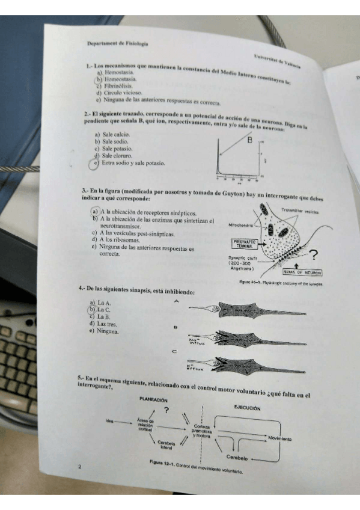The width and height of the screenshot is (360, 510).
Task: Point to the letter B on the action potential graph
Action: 249,141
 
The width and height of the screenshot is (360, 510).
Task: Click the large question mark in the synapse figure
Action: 314,255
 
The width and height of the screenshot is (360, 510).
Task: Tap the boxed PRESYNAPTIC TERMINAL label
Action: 244,244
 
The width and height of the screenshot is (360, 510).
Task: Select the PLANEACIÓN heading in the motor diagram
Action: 153,399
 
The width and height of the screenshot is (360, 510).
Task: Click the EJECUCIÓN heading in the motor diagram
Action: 246,407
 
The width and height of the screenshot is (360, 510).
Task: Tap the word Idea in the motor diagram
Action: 109,420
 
